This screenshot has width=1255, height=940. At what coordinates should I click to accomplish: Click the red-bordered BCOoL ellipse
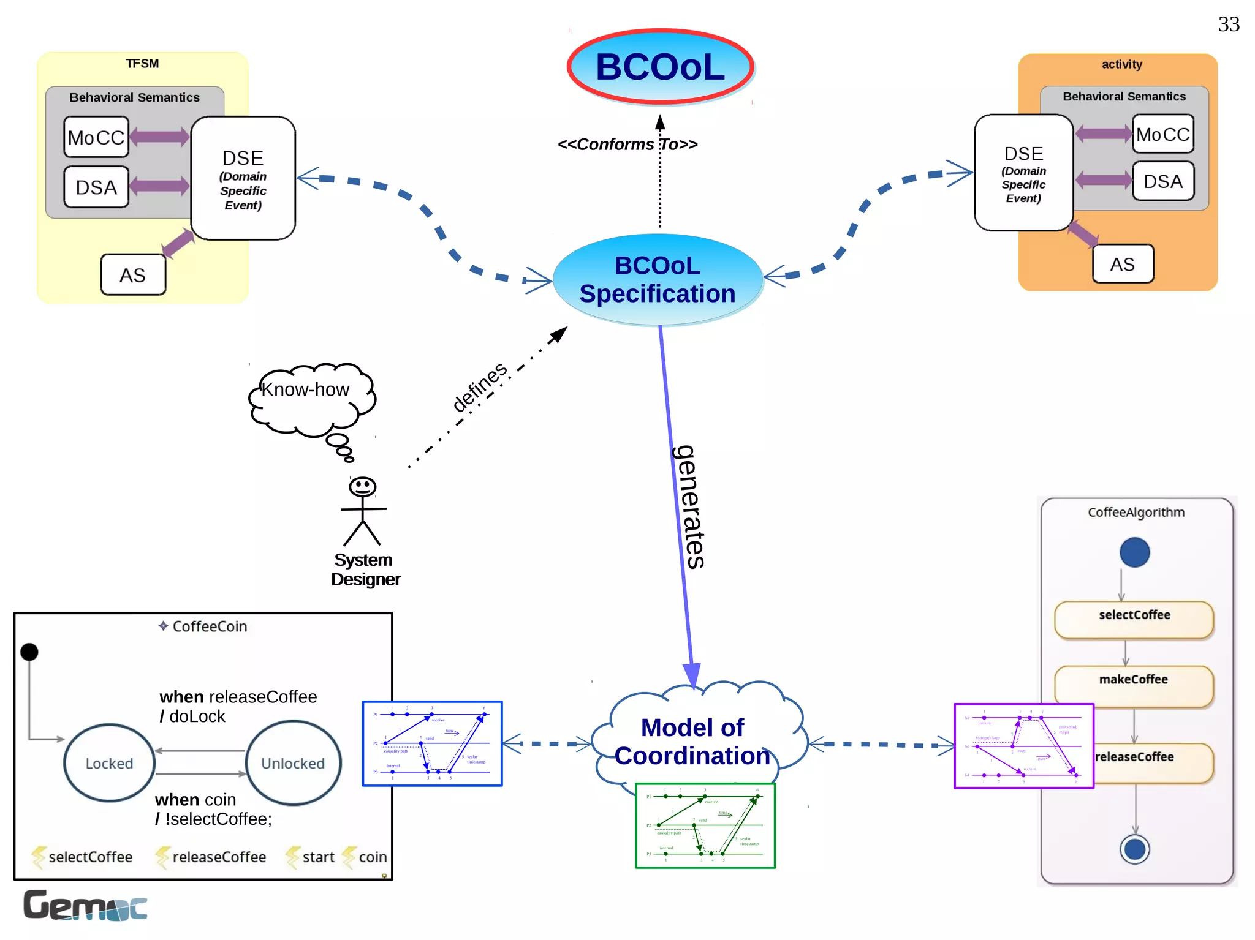point(660,66)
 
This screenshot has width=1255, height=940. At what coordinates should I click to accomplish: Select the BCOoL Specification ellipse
point(658,280)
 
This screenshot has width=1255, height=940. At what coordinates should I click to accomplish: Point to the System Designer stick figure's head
point(362,487)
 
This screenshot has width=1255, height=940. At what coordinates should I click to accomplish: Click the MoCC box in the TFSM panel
point(96,137)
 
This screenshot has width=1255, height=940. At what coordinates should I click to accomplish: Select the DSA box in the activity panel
point(1162,181)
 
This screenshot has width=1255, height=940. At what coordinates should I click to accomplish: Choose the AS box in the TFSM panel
point(133,275)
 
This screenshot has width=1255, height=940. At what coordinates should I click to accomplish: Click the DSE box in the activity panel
point(1023,173)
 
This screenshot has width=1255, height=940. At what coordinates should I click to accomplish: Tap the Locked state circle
point(109,763)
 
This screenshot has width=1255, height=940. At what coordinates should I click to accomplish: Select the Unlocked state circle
point(293,763)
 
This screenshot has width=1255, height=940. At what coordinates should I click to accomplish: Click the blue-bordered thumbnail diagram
point(432,743)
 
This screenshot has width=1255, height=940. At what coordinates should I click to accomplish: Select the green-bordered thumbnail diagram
point(705,825)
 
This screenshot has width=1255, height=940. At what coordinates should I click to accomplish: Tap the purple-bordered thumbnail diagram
point(1023,746)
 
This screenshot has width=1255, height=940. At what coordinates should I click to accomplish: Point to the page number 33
point(1228,24)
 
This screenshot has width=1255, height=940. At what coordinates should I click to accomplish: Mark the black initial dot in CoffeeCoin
point(29,652)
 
